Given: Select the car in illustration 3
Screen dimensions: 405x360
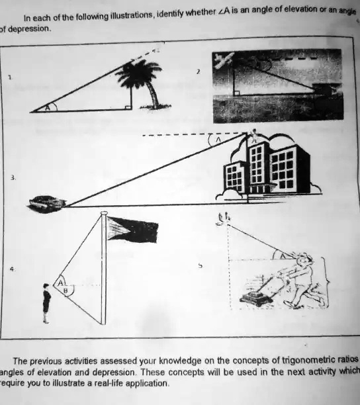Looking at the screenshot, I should [x=46, y=202].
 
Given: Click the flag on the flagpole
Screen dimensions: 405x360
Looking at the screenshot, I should [x=132, y=229].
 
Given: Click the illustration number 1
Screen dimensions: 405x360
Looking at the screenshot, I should [x=11, y=77].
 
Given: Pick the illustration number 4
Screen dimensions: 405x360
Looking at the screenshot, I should [x=11, y=269].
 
